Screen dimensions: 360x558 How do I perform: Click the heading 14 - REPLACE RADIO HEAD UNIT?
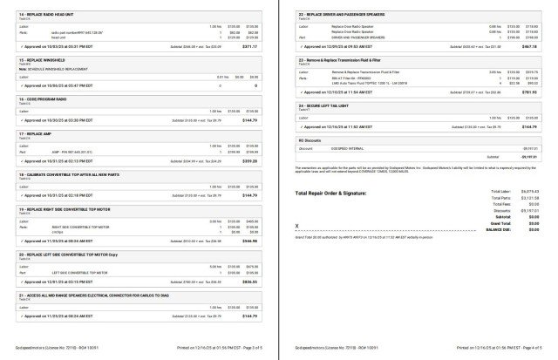click(x=45, y=15)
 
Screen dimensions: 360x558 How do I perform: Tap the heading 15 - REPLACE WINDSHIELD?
click(x=40, y=60)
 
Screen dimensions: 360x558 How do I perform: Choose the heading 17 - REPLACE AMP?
click(x=36, y=133)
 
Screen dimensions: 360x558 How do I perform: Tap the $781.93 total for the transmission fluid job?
click(x=531, y=92)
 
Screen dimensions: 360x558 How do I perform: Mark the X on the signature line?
click(x=297, y=222)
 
